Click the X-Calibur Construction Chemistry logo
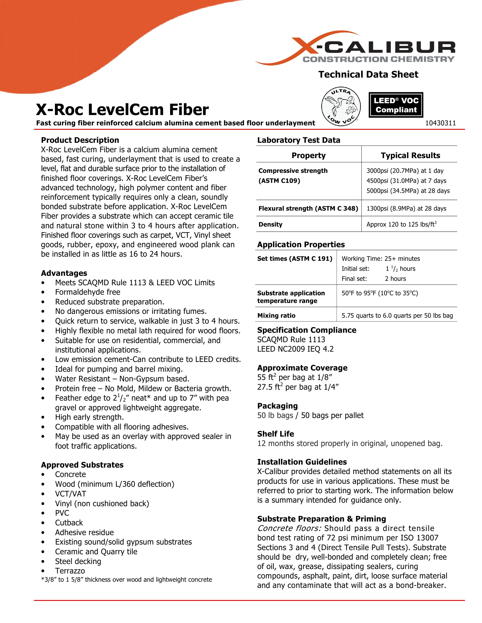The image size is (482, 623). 356,49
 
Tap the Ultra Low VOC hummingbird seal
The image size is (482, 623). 341,106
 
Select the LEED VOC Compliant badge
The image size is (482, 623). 396,105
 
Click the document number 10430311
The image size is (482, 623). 440,123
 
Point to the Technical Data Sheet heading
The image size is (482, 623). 368,74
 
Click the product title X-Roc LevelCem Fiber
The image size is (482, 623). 122,109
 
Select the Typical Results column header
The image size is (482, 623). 410,155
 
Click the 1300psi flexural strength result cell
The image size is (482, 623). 406,209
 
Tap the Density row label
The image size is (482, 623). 270,224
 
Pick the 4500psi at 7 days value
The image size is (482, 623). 406,181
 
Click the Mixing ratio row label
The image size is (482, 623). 276,316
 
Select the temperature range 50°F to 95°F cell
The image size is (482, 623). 380,293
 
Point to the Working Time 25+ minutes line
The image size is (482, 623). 381,259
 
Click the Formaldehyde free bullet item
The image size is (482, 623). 88,292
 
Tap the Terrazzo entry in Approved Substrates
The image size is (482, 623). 70,571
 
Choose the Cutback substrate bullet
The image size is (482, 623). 69,523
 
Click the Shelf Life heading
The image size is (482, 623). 276,434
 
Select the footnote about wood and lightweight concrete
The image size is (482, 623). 126,580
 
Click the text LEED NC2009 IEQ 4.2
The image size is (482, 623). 295,349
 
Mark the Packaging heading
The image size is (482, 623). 277,406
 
